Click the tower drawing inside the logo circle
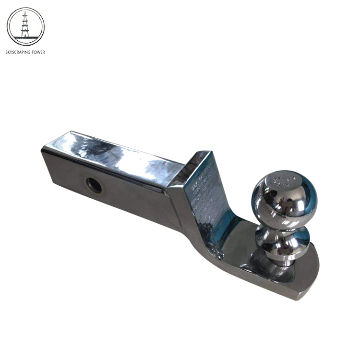click(x=25, y=25)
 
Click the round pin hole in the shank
click(x=94, y=185)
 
